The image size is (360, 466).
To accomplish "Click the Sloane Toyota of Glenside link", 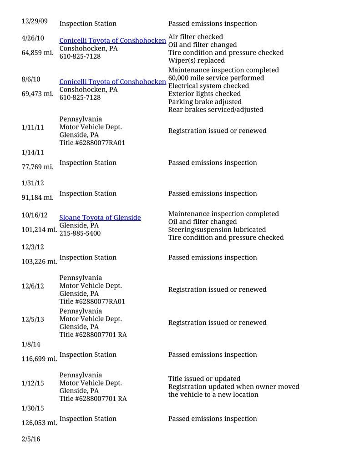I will [x=100, y=218].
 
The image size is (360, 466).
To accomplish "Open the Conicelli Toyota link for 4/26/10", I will [x=112, y=41].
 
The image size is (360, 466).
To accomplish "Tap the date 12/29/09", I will [x=35, y=21].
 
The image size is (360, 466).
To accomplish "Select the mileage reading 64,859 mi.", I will [x=37, y=53].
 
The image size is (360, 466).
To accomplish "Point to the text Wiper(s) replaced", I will [x=196, y=61].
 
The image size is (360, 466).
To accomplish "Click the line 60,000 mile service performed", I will [x=216, y=78].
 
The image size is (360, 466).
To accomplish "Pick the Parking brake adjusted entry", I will [x=205, y=101].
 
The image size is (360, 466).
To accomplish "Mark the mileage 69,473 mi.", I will [x=37, y=94].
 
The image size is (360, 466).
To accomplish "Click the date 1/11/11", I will [x=33, y=127].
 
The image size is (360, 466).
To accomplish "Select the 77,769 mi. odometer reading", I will [x=37, y=167].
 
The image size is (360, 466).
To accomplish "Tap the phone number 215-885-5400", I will [x=80, y=233].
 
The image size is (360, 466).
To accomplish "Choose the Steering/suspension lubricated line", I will [x=217, y=229].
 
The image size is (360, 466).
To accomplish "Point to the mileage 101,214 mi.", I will [x=39, y=229].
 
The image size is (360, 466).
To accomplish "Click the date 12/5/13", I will [x=33, y=319].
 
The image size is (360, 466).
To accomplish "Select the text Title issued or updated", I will [x=204, y=379].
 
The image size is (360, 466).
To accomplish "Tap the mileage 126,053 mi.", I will [x=39, y=423].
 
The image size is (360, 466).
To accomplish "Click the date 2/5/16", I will [x=31, y=439].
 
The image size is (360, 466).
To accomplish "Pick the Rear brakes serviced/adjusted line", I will [x=215, y=109].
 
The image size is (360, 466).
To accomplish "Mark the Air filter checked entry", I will [x=195, y=37].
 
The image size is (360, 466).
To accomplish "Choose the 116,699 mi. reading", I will [x=39, y=359].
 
